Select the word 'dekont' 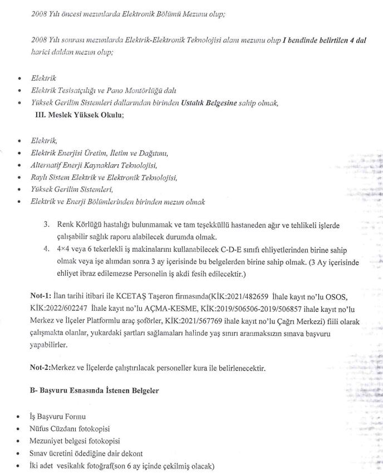[x=132, y=453]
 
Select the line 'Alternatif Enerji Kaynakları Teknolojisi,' [x=94, y=165]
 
